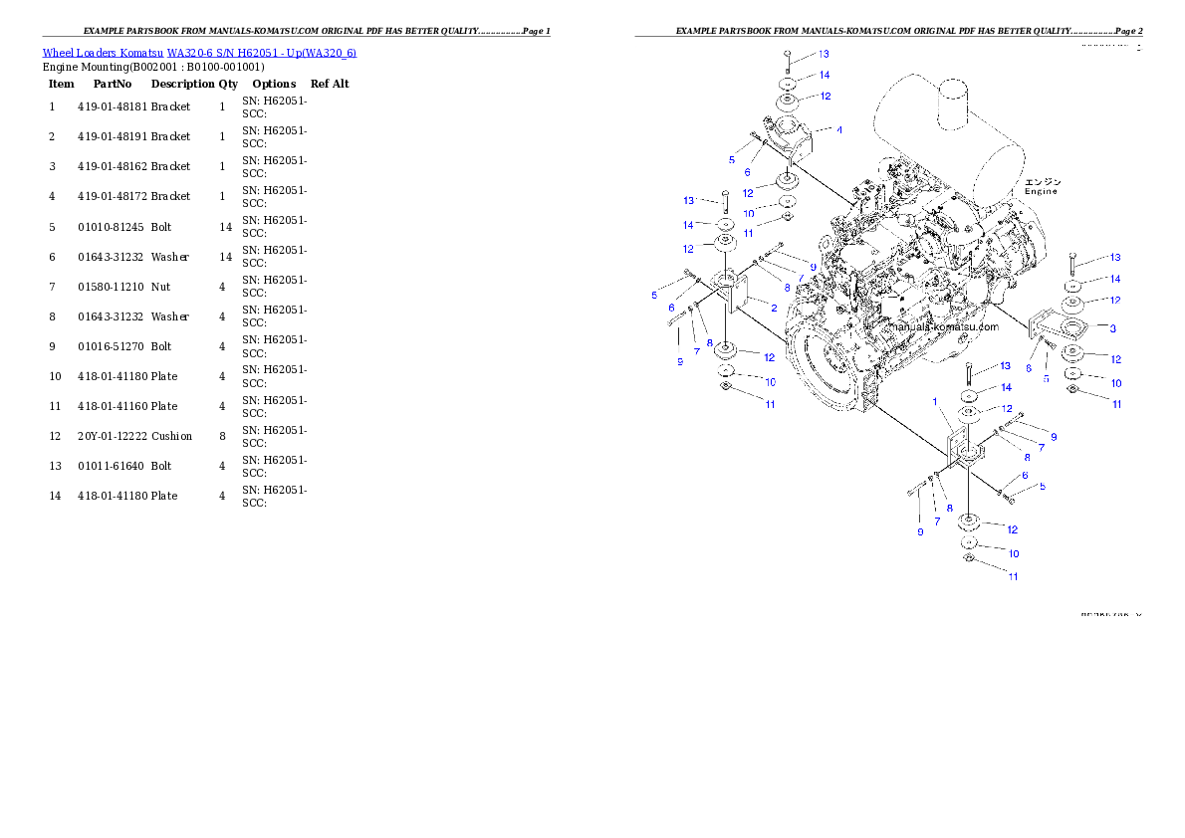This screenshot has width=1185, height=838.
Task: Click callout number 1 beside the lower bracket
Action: click(936, 401)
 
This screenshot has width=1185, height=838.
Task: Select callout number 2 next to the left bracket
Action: click(773, 309)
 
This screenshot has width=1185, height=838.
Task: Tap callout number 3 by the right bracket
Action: click(1111, 327)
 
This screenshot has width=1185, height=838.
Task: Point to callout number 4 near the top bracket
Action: click(839, 129)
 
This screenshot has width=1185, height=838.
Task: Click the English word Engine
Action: click(1041, 191)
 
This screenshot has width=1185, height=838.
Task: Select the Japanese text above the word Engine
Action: click(1043, 181)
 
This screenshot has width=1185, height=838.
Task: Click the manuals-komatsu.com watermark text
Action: click(941, 326)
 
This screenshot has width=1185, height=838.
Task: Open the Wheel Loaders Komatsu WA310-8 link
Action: click(199, 52)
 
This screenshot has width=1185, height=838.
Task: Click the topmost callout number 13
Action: click(824, 54)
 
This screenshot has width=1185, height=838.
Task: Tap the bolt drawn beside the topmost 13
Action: click(787, 58)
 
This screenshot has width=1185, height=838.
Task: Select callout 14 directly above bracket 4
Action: click(824, 76)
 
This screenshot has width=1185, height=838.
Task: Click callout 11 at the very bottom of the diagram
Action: click(1013, 576)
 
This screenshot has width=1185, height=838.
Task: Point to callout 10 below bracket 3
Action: click(1116, 383)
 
